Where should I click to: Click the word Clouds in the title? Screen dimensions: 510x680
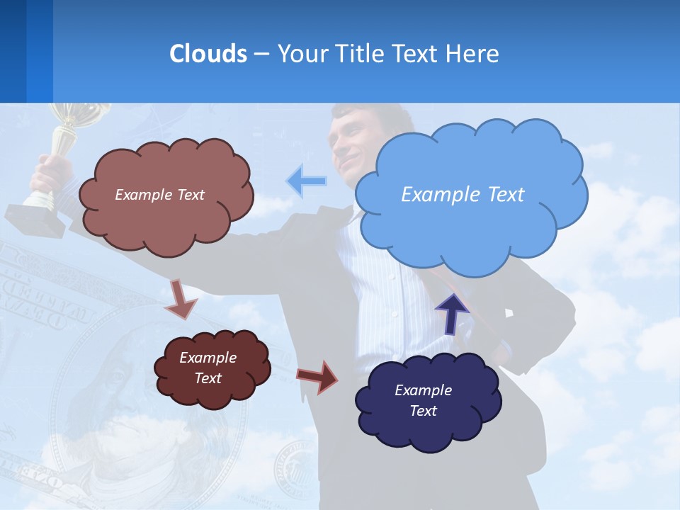tap(208, 54)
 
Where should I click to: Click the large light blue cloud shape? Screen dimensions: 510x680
tap(470, 195)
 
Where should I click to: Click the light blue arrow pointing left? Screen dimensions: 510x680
tap(306, 181)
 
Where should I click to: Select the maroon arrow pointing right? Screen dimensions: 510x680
tap(317, 376)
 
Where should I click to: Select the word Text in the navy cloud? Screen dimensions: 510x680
tap(424, 411)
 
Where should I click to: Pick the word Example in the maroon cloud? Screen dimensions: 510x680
tap(208, 358)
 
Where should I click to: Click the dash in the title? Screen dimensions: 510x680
tap(261, 54)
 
